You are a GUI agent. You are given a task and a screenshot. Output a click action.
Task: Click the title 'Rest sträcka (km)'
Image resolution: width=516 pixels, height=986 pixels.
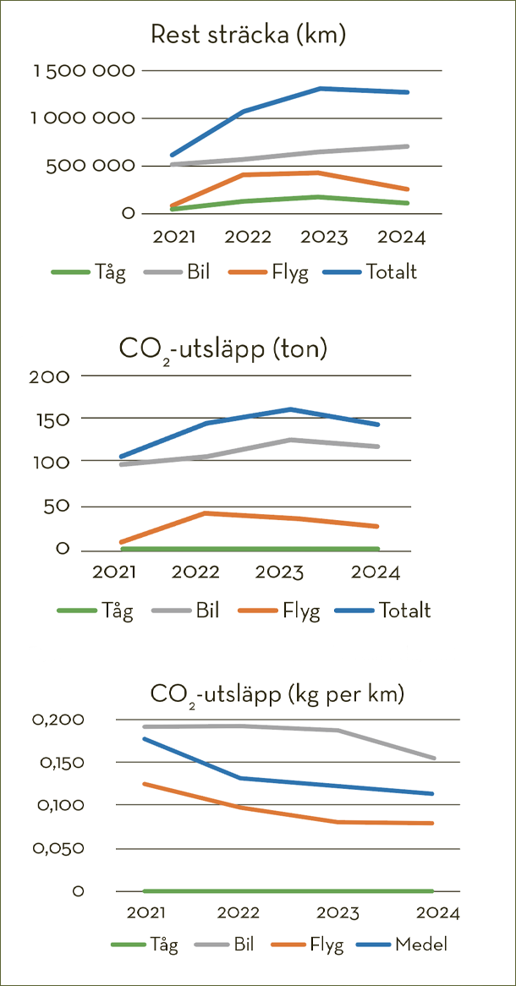[249, 36]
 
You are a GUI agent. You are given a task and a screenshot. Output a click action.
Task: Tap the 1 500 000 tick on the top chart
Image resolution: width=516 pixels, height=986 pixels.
[84, 71]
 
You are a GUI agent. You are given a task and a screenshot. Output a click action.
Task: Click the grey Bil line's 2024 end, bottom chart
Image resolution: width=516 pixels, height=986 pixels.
[434, 759]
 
